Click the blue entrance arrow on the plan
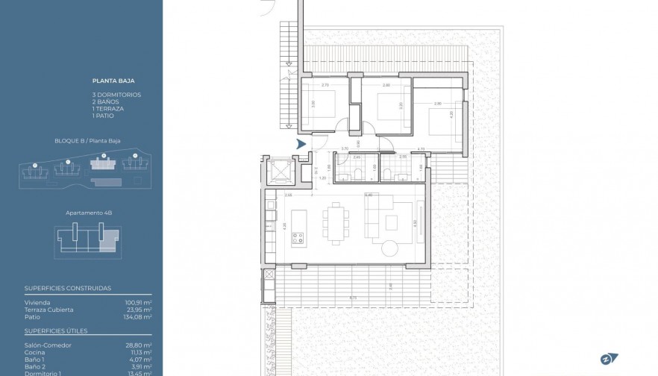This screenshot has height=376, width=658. click(x=301, y=144)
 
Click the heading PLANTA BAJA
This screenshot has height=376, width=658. click(x=113, y=80)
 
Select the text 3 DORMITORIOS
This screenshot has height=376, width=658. click(x=116, y=95)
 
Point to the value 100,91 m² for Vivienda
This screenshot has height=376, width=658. click(x=139, y=303)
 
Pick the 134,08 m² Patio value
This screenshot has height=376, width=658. click(x=138, y=316)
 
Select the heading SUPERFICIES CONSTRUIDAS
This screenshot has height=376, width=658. click(x=68, y=288)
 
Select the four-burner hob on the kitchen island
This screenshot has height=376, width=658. click(x=298, y=239)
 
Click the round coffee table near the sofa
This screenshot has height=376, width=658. click(x=390, y=248)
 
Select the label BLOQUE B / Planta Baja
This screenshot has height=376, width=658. click(x=88, y=140)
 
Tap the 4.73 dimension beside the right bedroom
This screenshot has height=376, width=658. click(x=421, y=149)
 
